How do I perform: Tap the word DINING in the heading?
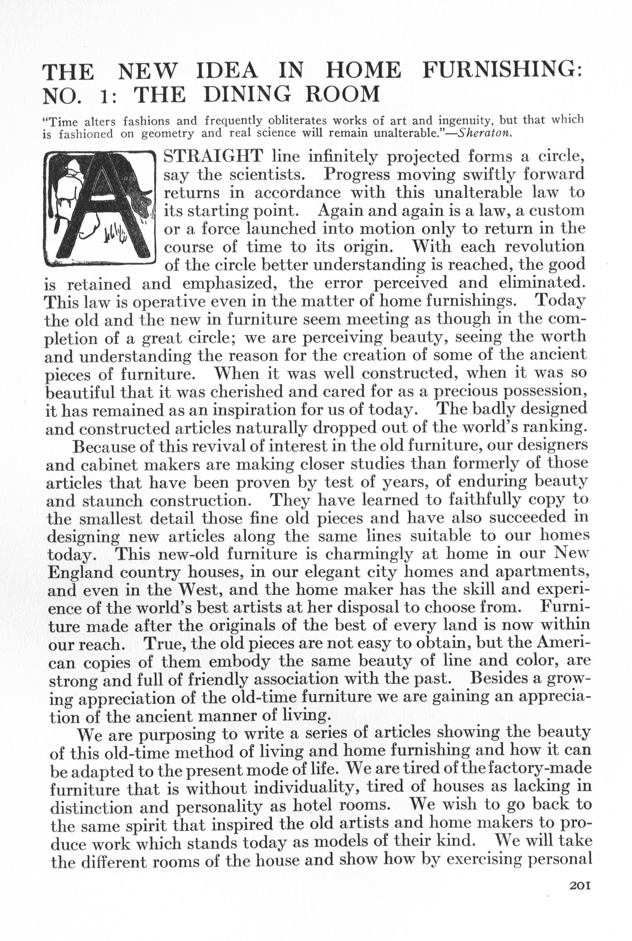[246, 95]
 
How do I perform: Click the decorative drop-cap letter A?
[99, 209]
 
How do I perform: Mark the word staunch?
[113, 501]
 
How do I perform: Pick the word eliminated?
[541, 283]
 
